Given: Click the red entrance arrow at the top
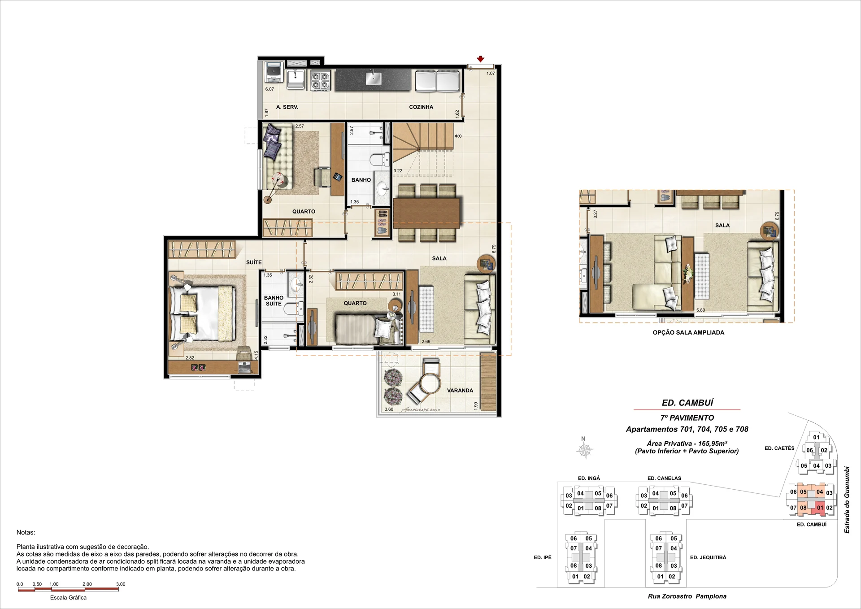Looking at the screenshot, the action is pyautogui.click(x=480, y=59).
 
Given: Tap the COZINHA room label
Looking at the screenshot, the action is pyautogui.click(x=421, y=107).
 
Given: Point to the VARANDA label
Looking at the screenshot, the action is pyautogui.click(x=460, y=391).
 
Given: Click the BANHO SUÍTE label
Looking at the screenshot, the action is pyautogui.click(x=274, y=300).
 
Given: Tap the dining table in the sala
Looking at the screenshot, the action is pyautogui.click(x=427, y=213).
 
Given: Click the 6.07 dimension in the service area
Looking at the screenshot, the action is pyautogui.click(x=270, y=89).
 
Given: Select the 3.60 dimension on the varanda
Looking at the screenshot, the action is pyautogui.click(x=389, y=409).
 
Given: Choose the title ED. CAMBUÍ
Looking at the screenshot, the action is pyautogui.click(x=687, y=403).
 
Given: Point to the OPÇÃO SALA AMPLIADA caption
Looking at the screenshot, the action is pyautogui.click(x=688, y=333).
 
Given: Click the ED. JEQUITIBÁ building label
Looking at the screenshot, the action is pyautogui.click(x=708, y=557).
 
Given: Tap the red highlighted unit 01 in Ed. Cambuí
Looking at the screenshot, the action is pyautogui.click(x=820, y=507).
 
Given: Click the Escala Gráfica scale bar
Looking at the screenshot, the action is pyautogui.click(x=68, y=589).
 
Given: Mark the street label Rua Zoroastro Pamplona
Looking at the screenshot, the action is pyautogui.click(x=687, y=596).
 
